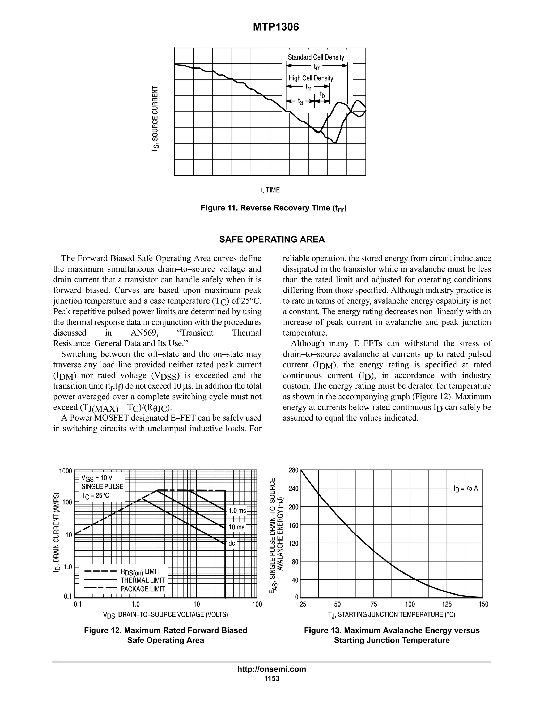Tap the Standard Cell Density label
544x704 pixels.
click(316, 57)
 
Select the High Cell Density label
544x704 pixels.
click(311, 78)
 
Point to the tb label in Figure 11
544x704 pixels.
click(322, 95)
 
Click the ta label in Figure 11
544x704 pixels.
click(300, 102)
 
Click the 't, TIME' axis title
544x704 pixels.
click(270, 190)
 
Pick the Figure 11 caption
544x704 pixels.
click(273, 208)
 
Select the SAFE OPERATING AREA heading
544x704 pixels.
click(272, 240)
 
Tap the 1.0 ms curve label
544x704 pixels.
click(237, 511)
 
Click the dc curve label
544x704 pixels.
click(232, 544)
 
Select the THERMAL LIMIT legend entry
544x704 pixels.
click(142, 580)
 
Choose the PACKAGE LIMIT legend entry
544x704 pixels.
click(142, 589)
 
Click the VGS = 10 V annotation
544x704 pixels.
click(97, 478)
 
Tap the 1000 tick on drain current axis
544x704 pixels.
click(65, 471)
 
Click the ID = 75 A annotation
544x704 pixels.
click(465, 489)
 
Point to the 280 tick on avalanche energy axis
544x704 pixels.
click(294, 470)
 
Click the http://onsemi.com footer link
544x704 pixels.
click(271, 669)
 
